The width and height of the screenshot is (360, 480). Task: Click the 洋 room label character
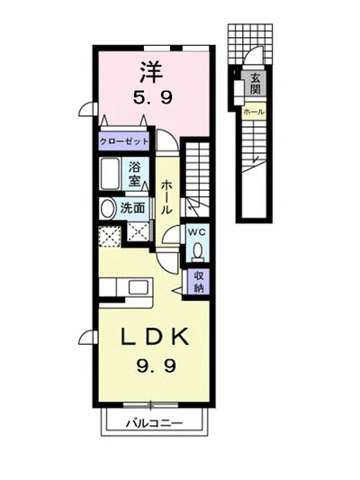tap(151, 72)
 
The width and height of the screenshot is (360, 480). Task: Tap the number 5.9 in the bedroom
tap(153, 98)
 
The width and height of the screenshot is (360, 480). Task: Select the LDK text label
tap(154, 337)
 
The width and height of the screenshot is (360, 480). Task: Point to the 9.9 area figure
tap(156, 366)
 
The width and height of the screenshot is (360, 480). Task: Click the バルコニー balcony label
tap(155, 423)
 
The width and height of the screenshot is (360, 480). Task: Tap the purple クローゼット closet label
tap(124, 141)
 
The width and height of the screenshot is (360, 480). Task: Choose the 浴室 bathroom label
tap(135, 174)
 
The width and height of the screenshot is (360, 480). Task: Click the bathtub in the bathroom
tap(110, 174)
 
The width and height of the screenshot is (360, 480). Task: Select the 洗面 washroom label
tap(132, 208)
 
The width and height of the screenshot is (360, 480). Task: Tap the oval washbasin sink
tap(107, 209)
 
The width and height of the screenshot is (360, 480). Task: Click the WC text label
tap(197, 232)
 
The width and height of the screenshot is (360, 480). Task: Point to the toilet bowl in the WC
tap(198, 250)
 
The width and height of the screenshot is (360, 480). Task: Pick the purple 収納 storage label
tap(199, 282)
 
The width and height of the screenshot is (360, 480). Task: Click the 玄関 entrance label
tap(255, 84)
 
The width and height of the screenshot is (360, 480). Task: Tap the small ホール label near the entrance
tap(254, 112)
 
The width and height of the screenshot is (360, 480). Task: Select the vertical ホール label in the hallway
tap(166, 197)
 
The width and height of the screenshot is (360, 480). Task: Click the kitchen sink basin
tap(139, 287)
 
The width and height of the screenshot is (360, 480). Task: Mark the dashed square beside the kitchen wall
tap(110, 236)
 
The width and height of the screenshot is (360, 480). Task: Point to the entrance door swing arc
tap(253, 51)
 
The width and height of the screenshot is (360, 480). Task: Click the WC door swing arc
tap(170, 232)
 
